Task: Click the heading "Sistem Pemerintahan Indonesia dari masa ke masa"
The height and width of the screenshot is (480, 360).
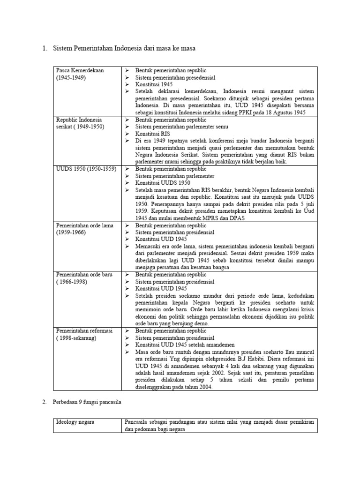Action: (x=124, y=48)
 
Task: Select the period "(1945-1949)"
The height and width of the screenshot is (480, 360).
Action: (x=71, y=77)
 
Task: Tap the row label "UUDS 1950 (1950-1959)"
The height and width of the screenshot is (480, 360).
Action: (x=86, y=169)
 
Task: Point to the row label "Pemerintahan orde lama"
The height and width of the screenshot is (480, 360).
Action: (x=85, y=225)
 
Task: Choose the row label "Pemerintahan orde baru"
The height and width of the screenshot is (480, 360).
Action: (x=84, y=275)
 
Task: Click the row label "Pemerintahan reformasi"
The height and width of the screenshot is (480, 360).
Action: (x=84, y=331)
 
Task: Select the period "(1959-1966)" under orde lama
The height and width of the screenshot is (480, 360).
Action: (x=71, y=232)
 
